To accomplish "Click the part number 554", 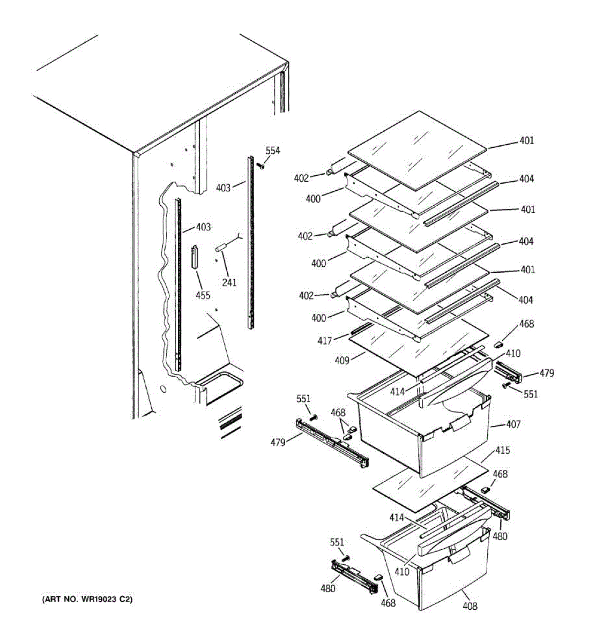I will point(273,151).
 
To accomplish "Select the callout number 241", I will point(229,283).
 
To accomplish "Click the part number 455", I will point(203,295).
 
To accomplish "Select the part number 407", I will point(513,424).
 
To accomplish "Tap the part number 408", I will point(470,606).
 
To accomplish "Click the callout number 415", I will point(502,451).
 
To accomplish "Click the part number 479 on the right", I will point(547,373).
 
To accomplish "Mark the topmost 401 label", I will point(526,141).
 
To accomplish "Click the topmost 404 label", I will point(526,179).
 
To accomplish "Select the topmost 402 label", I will point(302,178).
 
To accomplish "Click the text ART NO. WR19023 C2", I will point(87,599).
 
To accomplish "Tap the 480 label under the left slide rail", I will point(327,588).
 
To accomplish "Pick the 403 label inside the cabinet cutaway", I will point(203,227).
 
